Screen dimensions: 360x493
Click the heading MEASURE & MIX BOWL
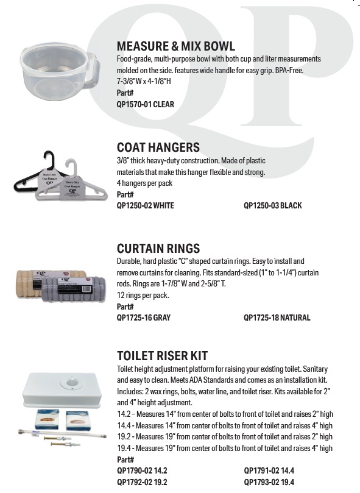point(175,46)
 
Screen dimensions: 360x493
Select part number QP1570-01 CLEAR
point(145,104)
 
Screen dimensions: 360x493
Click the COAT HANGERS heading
point(158,147)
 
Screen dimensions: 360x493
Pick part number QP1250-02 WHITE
point(145,205)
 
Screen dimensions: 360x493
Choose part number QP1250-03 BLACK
point(272,205)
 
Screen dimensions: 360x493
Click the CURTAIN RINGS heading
point(158,249)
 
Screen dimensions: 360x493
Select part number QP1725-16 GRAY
point(143,317)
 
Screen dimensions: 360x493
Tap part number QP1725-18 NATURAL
point(277,317)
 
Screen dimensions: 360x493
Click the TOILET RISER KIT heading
point(162,356)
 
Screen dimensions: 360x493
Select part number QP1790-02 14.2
point(141,470)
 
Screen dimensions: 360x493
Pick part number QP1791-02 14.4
point(269,470)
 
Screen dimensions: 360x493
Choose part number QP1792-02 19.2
point(141,481)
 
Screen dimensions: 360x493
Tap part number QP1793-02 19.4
point(269,481)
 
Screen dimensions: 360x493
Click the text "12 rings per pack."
point(143,296)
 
